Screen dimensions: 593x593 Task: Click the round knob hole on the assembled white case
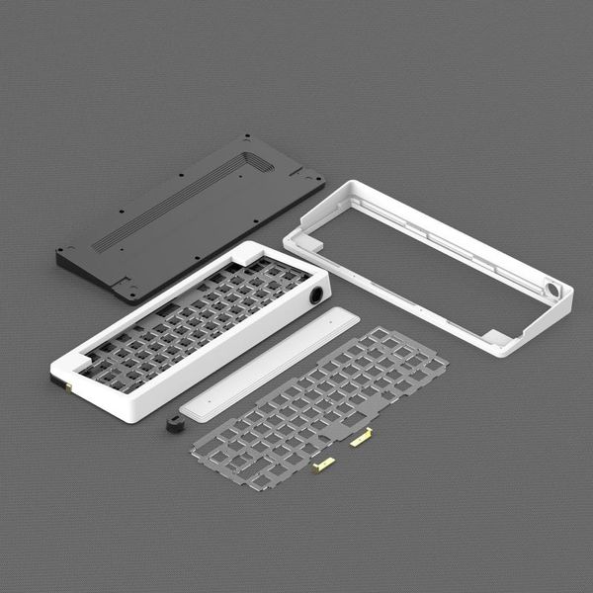[x=316, y=295]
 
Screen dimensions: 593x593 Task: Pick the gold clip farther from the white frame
[x=323, y=464]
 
